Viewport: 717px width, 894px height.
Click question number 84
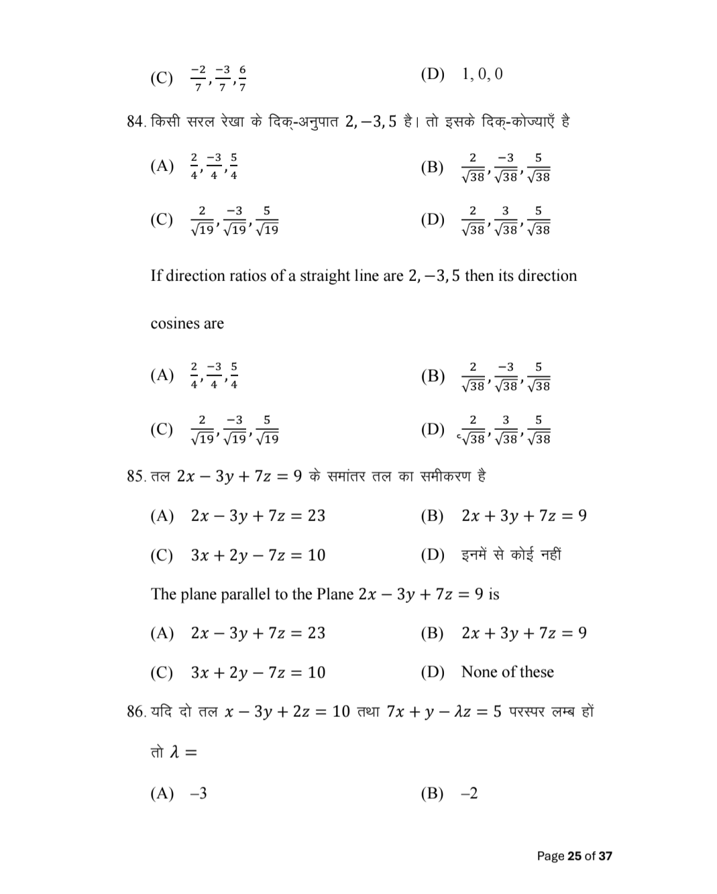coord(135,122)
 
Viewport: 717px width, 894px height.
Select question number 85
coord(136,476)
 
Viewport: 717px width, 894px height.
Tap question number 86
coord(136,712)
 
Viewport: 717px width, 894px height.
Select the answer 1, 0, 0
coord(482,74)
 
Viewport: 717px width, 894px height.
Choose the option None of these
coord(507,672)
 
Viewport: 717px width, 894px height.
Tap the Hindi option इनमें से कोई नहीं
coord(511,555)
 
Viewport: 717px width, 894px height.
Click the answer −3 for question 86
coord(199,793)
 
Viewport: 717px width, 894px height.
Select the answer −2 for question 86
coord(470,793)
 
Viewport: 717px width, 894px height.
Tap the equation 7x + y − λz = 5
coord(444,712)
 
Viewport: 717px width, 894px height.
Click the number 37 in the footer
coord(605,856)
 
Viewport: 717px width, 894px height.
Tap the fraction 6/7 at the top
coord(242,78)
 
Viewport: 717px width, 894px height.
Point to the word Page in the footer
coord(550,856)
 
